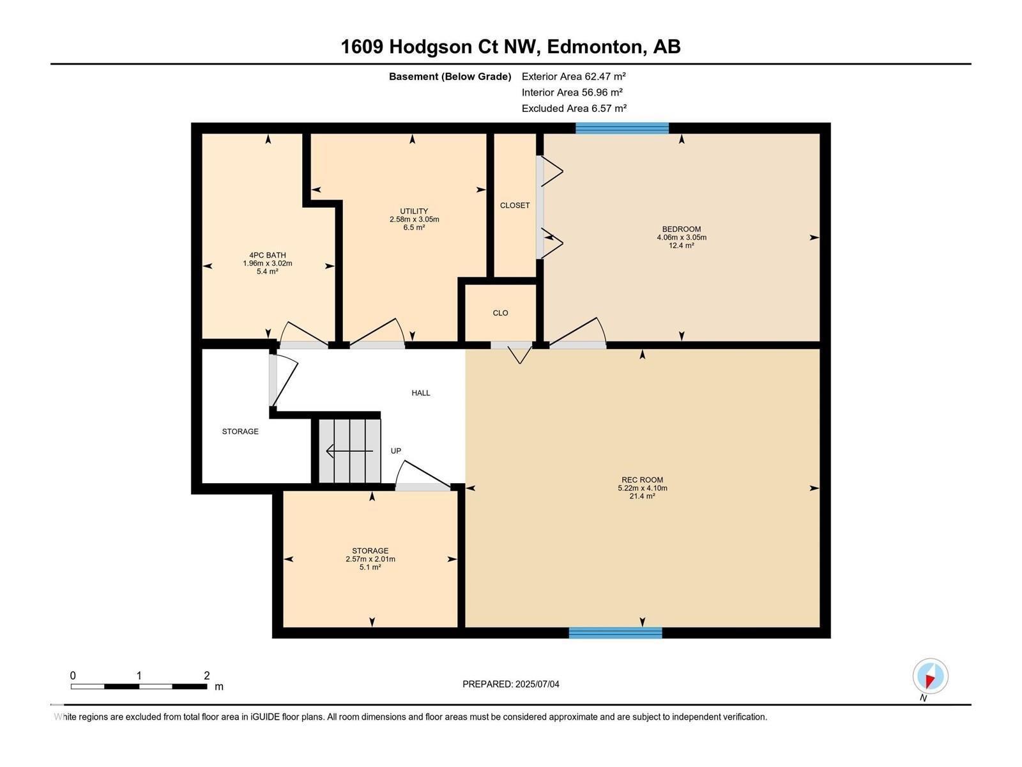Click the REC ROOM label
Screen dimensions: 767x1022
point(642,480)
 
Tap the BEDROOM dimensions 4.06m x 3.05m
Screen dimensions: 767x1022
point(682,237)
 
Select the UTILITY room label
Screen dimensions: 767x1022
point(414,211)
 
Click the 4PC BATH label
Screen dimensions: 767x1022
point(267,255)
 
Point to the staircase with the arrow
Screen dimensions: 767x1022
point(350,451)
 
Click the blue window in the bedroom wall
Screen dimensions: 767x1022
point(622,128)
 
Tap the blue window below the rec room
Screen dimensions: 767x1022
point(615,633)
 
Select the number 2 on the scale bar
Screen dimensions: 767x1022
point(206,676)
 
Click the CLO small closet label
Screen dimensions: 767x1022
point(500,313)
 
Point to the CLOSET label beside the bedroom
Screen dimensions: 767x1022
point(515,205)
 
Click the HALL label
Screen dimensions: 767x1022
point(420,393)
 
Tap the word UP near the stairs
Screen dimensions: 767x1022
point(396,451)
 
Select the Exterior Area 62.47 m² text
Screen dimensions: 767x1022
point(574,76)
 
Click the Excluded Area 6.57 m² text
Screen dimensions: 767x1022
point(574,108)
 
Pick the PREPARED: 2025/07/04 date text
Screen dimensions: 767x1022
point(511,684)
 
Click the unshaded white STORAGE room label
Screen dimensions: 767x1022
point(240,431)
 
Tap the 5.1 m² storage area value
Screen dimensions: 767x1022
point(370,567)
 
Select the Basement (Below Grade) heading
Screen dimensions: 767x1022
point(450,76)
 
